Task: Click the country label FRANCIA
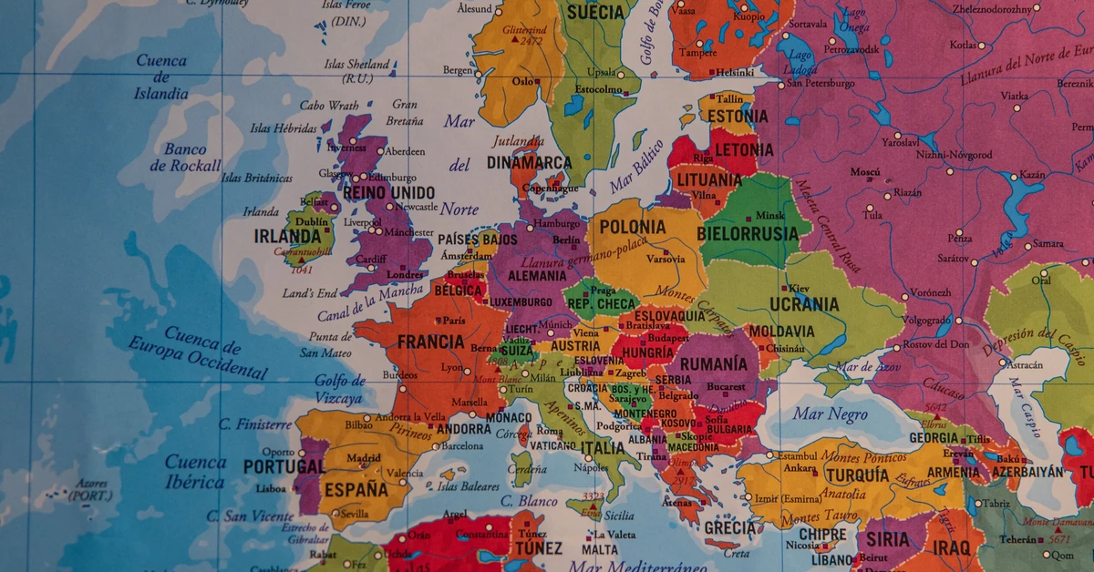tap(431, 342)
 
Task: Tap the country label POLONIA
tap(634, 227)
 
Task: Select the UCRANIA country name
tap(803, 304)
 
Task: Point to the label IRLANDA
tap(286, 237)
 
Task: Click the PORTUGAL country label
tap(284, 466)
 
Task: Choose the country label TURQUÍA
tap(857, 475)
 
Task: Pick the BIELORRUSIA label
tap(747, 234)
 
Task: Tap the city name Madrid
tap(364, 458)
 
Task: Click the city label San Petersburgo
tap(820, 84)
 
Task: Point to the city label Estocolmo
tap(598, 89)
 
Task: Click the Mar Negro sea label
tap(830, 414)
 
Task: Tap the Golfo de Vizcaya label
tap(339, 389)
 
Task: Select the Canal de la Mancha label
tap(370, 303)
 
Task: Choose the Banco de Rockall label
tap(186, 157)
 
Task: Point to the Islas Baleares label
tap(469, 487)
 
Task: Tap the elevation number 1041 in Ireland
tap(301, 270)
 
